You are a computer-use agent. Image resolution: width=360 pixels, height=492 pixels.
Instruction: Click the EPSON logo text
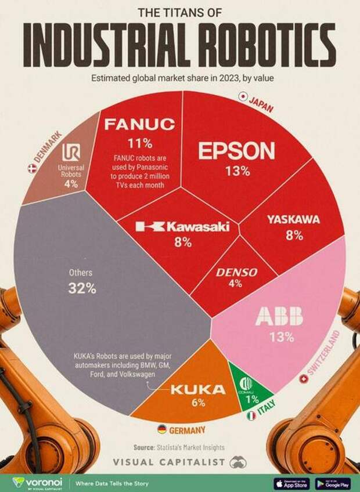coord(236,151)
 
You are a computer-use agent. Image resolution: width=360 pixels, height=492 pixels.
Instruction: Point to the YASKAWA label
coord(293,219)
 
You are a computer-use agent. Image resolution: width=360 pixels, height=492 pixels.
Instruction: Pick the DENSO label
coord(236,272)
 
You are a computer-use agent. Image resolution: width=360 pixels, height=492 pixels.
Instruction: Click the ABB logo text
coord(279,317)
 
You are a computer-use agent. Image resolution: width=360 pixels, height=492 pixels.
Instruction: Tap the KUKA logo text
coord(197,389)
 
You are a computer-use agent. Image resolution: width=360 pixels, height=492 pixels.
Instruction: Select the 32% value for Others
coord(82,288)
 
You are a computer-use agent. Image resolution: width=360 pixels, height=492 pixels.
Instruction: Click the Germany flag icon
coord(162,429)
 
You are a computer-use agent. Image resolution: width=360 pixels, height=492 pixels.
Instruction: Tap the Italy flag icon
coord(251,416)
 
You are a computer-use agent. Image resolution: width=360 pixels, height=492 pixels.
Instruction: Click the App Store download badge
coord(292,483)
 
